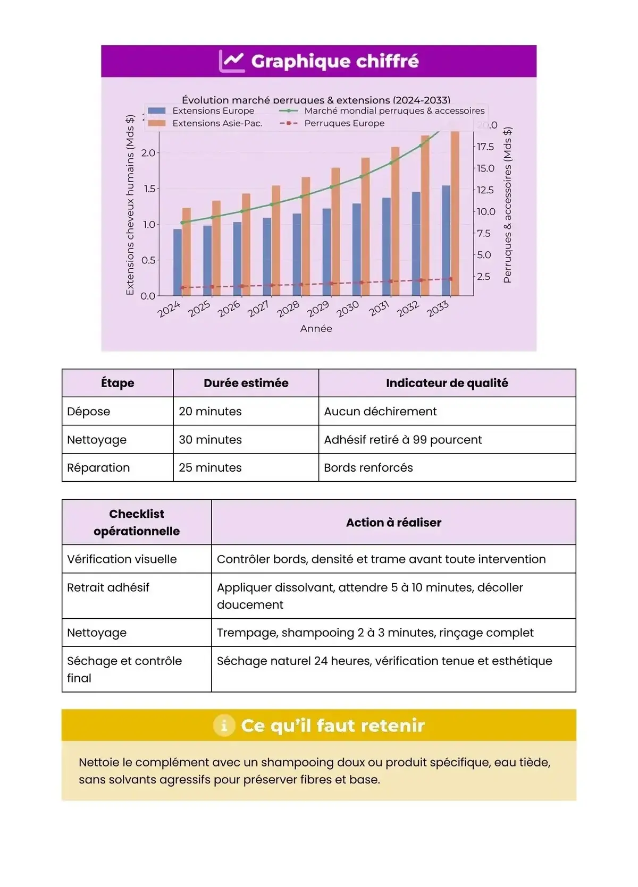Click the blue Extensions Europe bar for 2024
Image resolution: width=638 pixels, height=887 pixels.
178,262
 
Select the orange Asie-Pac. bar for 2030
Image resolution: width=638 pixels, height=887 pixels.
365,226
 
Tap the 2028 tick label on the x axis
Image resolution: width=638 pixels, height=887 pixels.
288,309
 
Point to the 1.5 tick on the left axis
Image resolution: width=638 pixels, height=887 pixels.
149,189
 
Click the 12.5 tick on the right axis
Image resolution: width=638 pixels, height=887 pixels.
485,190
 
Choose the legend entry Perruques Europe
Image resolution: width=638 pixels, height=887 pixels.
344,123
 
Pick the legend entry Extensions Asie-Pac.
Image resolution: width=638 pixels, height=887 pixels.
217,123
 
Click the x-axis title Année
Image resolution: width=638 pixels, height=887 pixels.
316,329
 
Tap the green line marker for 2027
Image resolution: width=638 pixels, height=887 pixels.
272,204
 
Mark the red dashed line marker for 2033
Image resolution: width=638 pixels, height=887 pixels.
451,279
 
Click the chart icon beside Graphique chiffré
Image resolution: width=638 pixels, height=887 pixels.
232,61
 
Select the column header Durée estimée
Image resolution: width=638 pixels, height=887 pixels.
246,383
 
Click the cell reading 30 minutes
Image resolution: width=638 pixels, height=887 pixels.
210,440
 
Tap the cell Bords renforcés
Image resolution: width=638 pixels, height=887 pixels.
368,468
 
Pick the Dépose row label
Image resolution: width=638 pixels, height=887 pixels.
89,412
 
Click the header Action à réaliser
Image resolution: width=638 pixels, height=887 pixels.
393,523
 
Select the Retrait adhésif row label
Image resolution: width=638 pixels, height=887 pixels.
108,587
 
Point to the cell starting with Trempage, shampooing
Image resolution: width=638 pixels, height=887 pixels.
375,633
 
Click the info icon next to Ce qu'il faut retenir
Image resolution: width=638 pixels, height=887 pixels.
224,726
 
